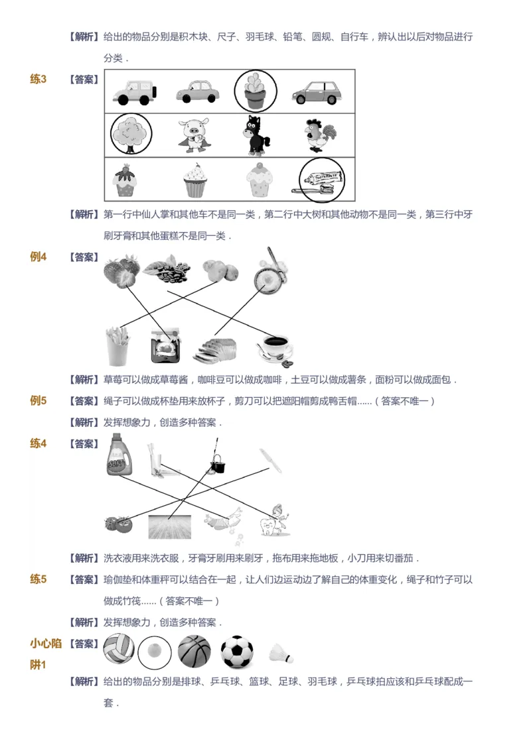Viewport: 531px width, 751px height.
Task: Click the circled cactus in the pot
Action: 256,91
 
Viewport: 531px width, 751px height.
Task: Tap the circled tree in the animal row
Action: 131,135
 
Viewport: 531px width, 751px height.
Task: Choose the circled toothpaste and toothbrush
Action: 322,178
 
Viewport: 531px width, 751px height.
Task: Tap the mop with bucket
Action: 216,457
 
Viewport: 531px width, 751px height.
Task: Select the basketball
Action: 194,652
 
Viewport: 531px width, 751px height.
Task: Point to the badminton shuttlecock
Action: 281,654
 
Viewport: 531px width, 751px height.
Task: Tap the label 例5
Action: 38,400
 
